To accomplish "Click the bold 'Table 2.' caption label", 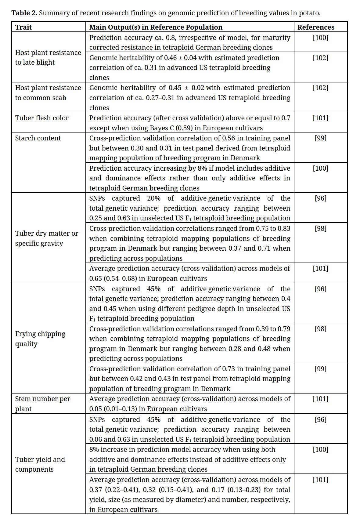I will (24, 13).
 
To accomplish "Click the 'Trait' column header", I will (23, 27).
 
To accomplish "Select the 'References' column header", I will (316, 27).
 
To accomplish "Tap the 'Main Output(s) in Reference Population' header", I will (156, 27).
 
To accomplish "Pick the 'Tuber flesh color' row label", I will (42, 118).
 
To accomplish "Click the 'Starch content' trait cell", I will (38, 138).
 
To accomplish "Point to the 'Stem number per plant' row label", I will (42, 404).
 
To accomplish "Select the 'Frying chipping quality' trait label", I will (40, 339).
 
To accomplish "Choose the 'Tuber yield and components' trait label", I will (40, 464).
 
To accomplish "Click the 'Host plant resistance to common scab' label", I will (48, 93).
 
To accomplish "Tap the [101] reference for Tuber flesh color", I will (320, 118).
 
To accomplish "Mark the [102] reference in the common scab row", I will (320, 88).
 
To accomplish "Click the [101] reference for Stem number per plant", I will (320, 399).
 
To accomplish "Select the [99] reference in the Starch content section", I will (320, 138).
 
